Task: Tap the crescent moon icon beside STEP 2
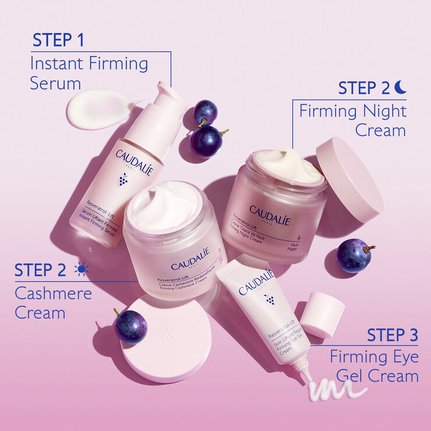coord(400,87)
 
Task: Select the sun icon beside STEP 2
coord(81,269)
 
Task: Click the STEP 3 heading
coord(392,335)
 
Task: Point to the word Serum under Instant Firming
coord(55,83)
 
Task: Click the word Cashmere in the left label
coord(53,293)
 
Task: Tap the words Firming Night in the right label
coord(353,111)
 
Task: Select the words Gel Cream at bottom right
coord(385,376)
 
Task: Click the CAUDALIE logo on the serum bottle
coord(134,159)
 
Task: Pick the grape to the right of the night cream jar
coord(354,255)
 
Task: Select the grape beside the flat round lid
coord(130,327)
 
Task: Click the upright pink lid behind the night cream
coord(349,178)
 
